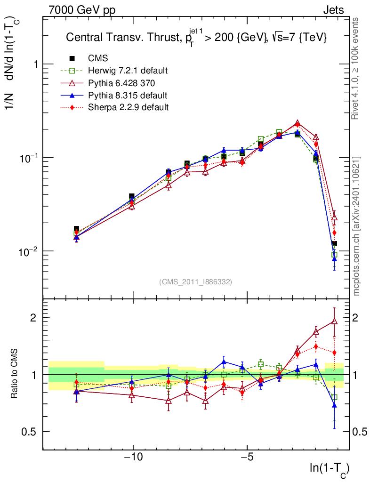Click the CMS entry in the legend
coord(98,58)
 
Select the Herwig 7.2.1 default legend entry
coord(128,71)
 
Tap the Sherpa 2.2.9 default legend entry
coord(129,107)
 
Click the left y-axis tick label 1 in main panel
coord(36,64)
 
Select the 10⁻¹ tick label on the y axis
coord(30,157)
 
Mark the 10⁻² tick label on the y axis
coord(30,250)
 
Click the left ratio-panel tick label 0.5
coord(31,432)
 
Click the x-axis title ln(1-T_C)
coord(329,469)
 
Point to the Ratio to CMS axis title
coord(15,374)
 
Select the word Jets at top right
coord(333,10)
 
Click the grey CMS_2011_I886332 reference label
coord(196,281)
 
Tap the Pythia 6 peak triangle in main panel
coord(297,123)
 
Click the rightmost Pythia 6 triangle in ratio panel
coord(334,321)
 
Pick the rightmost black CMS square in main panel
coord(334,244)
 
